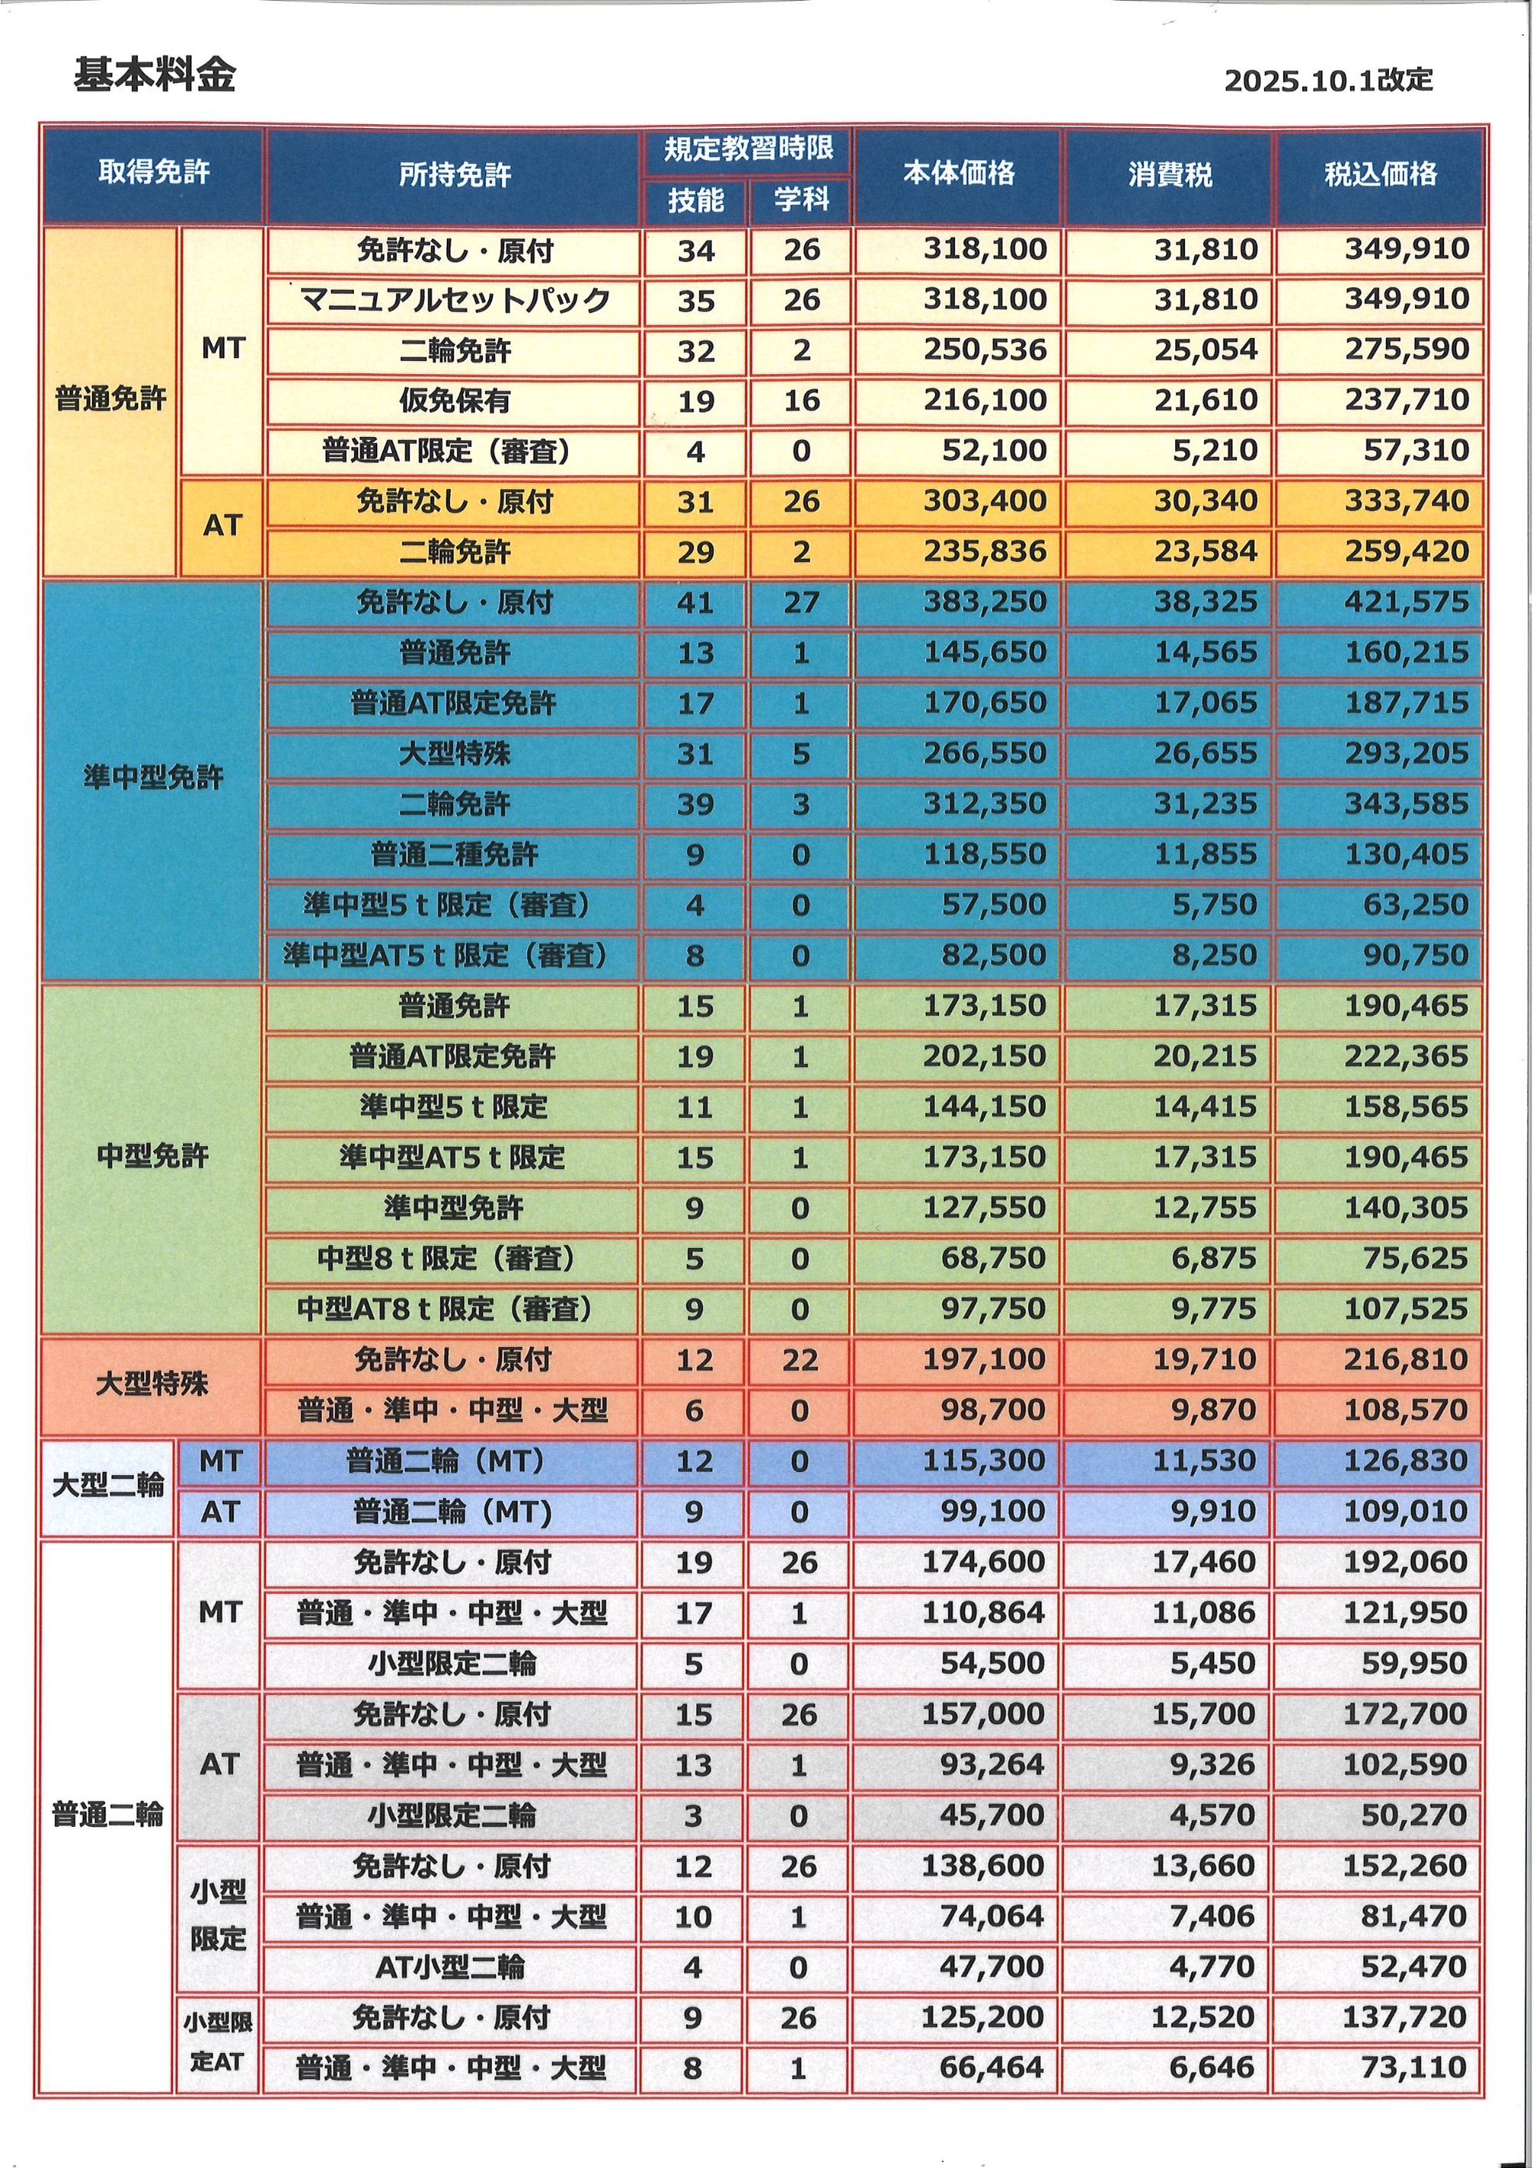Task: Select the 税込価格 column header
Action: pos(1380,174)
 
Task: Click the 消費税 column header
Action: pos(1170,175)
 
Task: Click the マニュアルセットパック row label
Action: pos(454,301)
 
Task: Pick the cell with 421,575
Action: pos(1406,603)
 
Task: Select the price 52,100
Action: pos(994,452)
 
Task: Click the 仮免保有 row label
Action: pos(454,401)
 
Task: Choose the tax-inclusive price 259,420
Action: pos(1406,551)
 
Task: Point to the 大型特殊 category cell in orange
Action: pos(151,1385)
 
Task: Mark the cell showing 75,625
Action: pos(1414,1259)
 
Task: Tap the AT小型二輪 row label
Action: pos(449,1968)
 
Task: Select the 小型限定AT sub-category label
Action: pos(217,2042)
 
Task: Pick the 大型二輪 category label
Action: pos(107,1486)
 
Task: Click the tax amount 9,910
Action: pos(1213,1512)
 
